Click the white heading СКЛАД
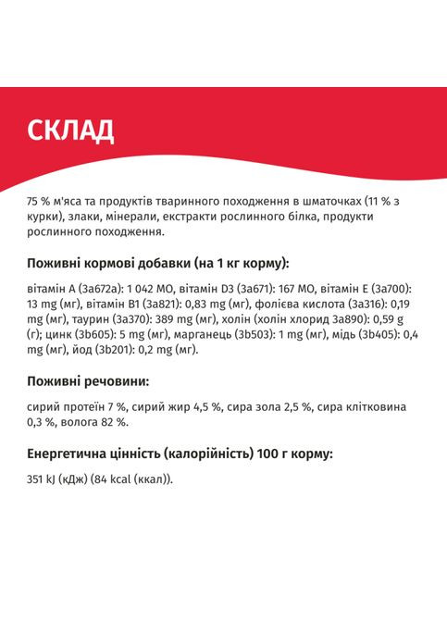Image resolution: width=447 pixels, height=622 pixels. [x=70, y=131]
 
